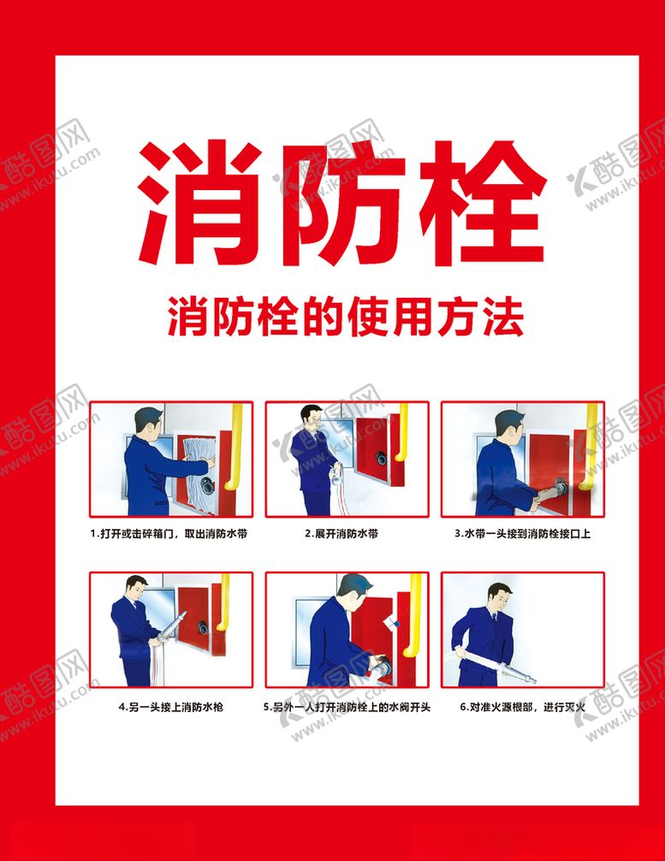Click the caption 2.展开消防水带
341,533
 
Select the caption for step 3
522,533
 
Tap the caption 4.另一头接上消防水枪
170,708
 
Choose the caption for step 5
347,708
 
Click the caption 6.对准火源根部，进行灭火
522,708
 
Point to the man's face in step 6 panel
499,597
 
